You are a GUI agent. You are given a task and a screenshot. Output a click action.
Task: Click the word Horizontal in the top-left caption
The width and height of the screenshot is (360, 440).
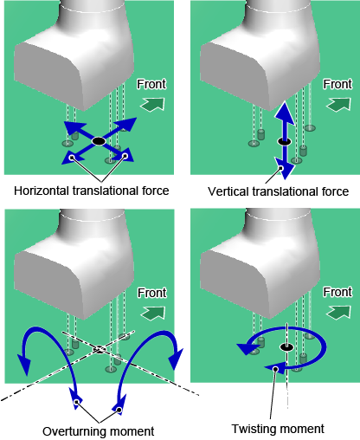click(42, 191)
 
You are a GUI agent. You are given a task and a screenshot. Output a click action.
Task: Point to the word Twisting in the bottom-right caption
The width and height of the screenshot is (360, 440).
click(252, 429)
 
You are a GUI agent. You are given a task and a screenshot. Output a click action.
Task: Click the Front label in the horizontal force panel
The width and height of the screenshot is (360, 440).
click(151, 84)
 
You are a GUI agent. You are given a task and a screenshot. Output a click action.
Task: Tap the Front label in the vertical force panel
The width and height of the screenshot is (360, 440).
click(337, 84)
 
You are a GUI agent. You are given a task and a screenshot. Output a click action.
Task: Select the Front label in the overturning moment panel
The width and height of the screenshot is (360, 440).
click(152, 293)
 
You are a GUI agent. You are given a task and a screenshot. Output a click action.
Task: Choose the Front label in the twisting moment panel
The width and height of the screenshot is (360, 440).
click(337, 292)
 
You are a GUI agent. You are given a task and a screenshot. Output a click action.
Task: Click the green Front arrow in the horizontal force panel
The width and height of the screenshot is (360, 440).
click(152, 104)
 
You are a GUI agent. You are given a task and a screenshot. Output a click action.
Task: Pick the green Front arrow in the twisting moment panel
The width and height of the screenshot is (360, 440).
click(338, 313)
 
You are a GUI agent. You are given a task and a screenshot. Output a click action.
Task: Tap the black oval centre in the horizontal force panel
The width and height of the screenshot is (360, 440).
click(99, 141)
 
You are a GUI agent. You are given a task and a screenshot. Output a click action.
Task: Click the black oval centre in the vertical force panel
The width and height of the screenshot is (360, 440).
click(284, 141)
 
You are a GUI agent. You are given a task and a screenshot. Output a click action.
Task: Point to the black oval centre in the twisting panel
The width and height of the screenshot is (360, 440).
click(286, 347)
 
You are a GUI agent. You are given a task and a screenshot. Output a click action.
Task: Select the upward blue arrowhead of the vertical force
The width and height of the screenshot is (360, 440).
click(285, 113)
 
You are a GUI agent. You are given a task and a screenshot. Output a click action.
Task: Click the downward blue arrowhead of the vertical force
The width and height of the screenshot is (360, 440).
click(285, 168)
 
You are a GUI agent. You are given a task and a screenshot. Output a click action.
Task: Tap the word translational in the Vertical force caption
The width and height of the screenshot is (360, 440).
click(288, 191)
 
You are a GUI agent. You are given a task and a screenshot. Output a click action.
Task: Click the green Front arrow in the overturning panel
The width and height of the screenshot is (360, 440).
click(153, 313)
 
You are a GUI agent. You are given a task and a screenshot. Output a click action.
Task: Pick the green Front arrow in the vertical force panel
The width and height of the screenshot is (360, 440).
click(338, 104)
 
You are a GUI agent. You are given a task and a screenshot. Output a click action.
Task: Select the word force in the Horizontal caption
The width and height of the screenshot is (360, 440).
click(155, 191)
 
